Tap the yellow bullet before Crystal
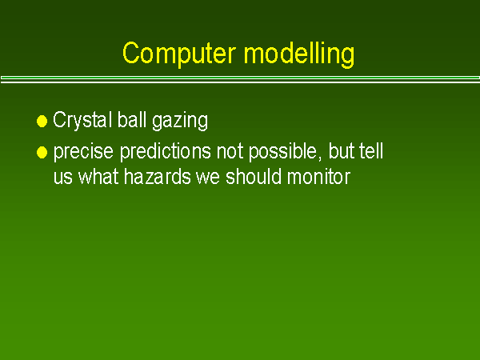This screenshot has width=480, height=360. (42, 122)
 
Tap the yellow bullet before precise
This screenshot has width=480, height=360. (42, 152)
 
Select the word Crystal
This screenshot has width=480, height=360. (80, 121)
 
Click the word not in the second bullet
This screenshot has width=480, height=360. (230, 151)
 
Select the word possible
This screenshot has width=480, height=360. (285, 151)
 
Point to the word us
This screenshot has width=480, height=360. (62, 178)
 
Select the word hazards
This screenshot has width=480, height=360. (158, 177)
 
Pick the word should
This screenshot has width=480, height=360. (253, 177)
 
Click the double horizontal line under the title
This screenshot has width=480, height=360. (240, 79)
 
